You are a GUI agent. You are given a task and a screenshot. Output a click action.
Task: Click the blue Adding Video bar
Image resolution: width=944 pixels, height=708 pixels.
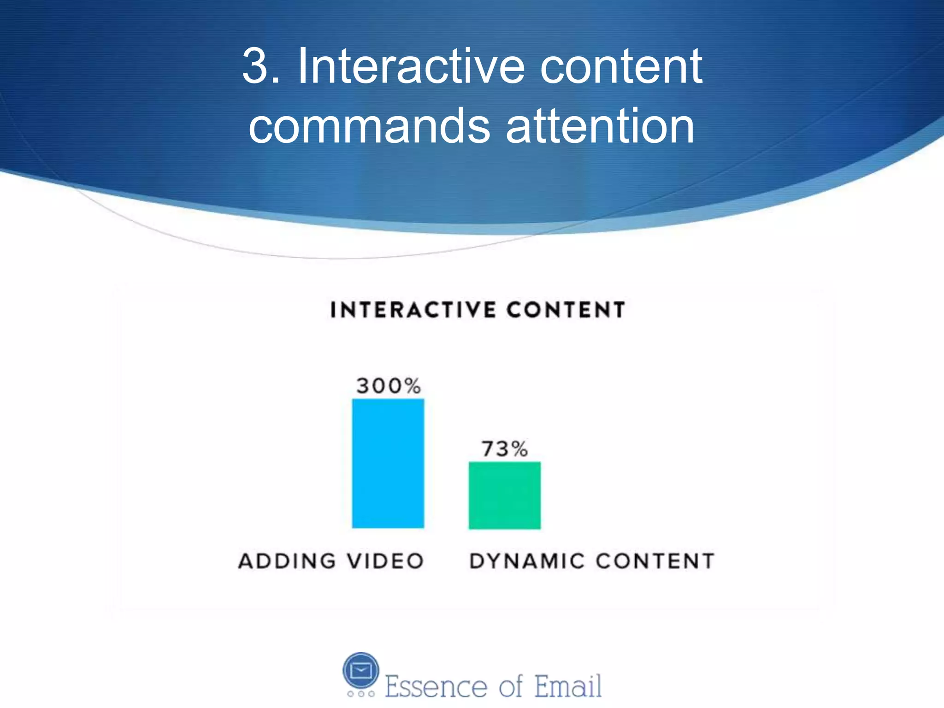[x=388, y=463]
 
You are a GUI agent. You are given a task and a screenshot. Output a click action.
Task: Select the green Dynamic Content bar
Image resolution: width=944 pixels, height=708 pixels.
[x=505, y=495]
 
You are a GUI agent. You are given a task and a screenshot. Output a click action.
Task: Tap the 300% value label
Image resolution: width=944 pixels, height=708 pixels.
[x=389, y=386]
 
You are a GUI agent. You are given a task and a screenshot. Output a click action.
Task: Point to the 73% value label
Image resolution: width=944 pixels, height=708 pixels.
[x=505, y=448]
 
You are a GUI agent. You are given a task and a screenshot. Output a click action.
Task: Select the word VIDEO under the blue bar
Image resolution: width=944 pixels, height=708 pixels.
[x=385, y=561]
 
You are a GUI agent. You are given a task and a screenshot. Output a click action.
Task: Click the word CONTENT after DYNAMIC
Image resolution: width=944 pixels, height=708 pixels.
[x=655, y=561]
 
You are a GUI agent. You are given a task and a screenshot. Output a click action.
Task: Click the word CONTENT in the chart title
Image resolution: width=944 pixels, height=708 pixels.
[x=566, y=310]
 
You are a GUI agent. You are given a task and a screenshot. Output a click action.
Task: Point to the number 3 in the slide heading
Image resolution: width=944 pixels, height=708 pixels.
[x=255, y=67]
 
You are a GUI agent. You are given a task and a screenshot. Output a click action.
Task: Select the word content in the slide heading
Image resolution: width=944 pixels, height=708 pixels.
[x=621, y=67]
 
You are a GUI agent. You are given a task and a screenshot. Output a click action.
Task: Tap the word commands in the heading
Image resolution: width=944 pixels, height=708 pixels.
[x=369, y=126]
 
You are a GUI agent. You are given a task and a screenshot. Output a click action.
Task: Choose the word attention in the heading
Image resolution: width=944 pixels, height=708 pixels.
[x=600, y=126]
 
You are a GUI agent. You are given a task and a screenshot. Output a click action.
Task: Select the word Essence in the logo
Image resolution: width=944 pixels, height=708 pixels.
[x=436, y=686]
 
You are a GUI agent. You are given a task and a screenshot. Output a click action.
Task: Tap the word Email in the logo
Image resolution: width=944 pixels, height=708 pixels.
[x=568, y=686]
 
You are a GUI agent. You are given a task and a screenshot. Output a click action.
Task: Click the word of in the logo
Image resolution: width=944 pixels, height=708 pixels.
[x=511, y=686]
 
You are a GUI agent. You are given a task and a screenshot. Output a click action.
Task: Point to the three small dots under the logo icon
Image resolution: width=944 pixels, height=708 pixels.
[x=361, y=694]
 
